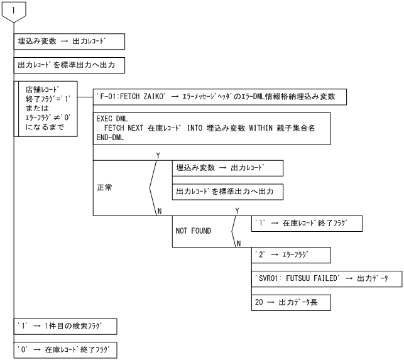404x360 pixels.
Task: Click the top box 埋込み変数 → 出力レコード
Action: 69,42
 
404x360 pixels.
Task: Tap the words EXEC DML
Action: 112,118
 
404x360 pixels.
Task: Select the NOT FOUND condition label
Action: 194,231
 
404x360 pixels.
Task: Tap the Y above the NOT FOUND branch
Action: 236,210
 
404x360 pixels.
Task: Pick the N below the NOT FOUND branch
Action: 237,244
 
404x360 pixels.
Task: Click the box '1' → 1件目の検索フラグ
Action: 65,326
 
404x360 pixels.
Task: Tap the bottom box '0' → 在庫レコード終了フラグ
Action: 65,349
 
